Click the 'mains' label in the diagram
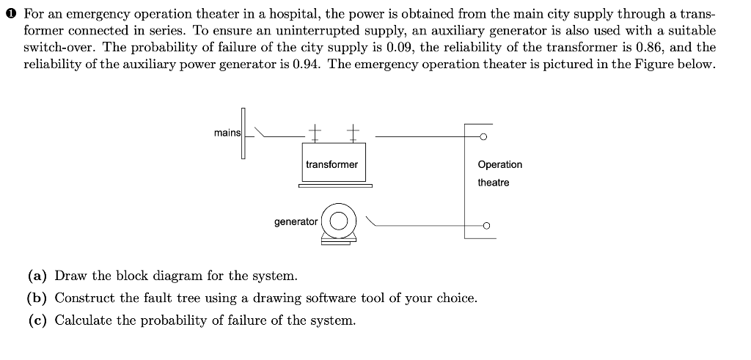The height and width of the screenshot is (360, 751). (x=227, y=133)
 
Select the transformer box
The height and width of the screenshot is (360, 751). (x=331, y=164)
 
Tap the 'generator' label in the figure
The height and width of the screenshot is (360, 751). (x=296, y=221)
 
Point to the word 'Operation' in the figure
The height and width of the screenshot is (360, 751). (x=499, y=164)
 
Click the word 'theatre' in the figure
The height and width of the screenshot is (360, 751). (x=493, y=182)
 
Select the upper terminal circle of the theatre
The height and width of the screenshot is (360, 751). (x=484, y=136)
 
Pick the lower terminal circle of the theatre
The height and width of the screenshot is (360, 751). (x=484, y=226)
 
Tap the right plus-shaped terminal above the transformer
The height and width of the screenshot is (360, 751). (x=353, y=132)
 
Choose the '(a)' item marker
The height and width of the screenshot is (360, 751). (x=38, y=276)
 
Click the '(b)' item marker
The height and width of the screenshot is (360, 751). (x=38, y=298)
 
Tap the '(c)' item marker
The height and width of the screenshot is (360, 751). (x=38, y=320)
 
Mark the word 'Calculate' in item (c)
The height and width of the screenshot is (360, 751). (x=82, y=320)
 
